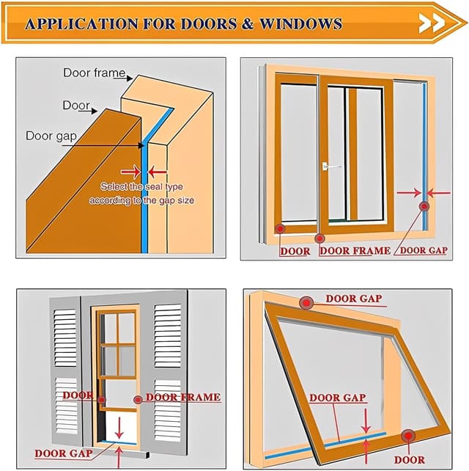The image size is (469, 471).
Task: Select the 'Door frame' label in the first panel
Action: coord(94,73)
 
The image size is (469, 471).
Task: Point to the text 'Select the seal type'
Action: coord(141,186)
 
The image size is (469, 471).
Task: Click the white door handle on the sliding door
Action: coord(328,167)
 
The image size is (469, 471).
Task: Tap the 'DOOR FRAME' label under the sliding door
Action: coord(355,251)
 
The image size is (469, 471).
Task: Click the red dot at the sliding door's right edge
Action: coord(424,207)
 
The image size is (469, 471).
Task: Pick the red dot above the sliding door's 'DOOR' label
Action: coord(280,229)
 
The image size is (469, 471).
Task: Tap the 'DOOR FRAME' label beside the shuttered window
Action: coord(183,398)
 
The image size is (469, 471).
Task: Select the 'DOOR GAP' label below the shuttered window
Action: coord(63,453)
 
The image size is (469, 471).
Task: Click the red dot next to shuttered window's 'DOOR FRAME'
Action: coord(137,398)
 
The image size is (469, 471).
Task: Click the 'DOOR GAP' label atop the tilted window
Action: coord(353,299)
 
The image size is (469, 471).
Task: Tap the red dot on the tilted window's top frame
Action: coord(306,302)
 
